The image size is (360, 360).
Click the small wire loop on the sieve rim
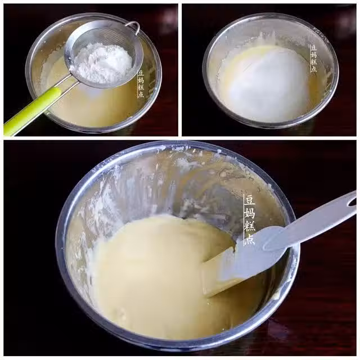coord(134,27)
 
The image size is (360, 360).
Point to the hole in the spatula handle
coord(352,202)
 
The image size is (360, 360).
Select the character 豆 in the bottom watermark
coord(250,200)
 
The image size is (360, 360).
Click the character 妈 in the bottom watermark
coord(250,213)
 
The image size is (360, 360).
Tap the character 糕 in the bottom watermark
coord(250,226)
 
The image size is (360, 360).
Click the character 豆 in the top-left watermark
coord(141,74)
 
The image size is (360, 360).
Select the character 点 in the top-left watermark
coord(141,94)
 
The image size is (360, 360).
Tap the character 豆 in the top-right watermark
coord(314,48)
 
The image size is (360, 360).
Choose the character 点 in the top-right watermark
coord(314,69)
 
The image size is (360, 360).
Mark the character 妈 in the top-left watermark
coord(141,80)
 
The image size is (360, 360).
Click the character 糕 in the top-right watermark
coord(314,61)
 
